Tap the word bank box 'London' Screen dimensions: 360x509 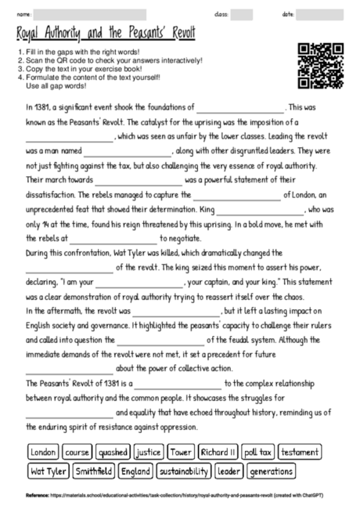point(44,453)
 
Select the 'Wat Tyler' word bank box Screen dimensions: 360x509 point(48,471)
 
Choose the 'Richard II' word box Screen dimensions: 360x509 point(218,453)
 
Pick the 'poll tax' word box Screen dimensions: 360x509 point(258,453)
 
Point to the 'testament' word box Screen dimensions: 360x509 point(299,453)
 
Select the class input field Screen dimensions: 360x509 point(242,14)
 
